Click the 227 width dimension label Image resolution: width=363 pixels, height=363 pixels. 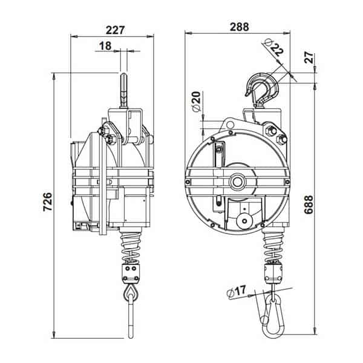coord(116,30)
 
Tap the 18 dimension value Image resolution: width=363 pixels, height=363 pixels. coord(105,46)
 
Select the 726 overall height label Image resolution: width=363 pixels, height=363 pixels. coord(48,201)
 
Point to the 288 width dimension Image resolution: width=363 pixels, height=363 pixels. coord(240,27)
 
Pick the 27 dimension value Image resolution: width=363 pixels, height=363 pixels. coord(309,57)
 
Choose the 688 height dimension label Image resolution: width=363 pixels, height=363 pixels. coord(309,204)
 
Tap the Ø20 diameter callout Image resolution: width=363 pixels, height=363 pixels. coord(196,102)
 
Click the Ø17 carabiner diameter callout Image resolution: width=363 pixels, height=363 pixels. coord(236,291)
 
